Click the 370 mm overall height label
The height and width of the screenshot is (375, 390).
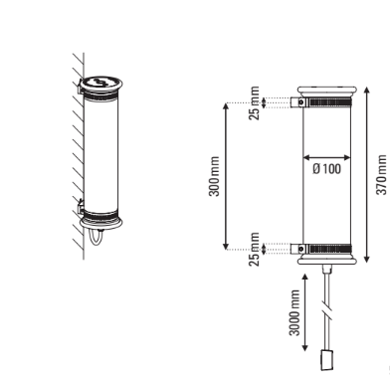point(381,175)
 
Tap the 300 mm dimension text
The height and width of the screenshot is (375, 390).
point(214,176)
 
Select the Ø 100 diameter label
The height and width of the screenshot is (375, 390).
point(326,169)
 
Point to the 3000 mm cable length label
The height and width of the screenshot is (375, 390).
point(294,312)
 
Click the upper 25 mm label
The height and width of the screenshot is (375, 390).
point(254,103)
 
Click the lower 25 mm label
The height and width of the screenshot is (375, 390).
point(254,249)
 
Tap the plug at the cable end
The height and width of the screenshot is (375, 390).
point(326,360)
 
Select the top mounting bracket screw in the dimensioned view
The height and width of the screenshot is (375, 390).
point(300,102)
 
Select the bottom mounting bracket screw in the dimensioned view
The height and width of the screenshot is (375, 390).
point(300,249)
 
